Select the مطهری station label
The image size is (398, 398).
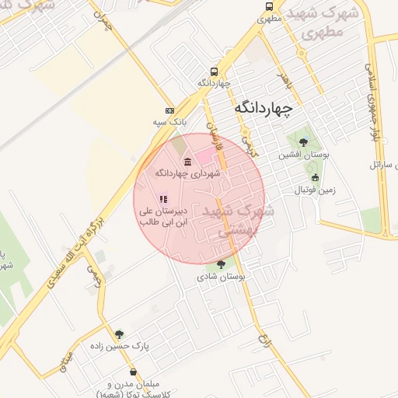point(269,17)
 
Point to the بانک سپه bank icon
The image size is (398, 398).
point(169,111)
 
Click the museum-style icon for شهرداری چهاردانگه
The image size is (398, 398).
point(187,161)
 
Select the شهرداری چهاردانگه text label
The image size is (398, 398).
point(188,173)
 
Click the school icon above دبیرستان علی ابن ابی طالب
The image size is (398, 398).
point(162,199)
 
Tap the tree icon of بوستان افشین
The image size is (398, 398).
point(302,141)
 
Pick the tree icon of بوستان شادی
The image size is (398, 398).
point(222,264)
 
